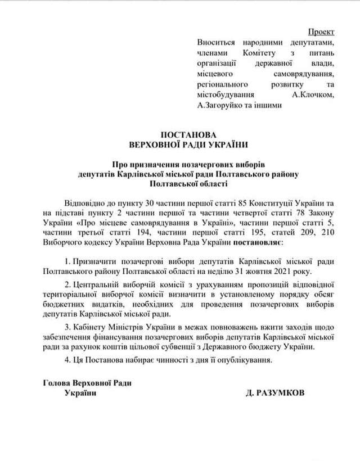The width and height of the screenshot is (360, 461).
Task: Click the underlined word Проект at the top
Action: tap(322, 32)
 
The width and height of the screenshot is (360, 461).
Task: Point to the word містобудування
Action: tap(226, 95)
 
